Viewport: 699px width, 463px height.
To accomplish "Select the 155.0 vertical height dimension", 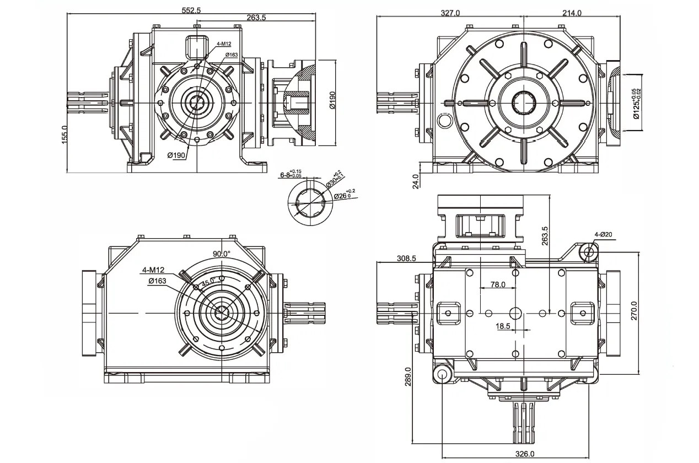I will [64, 134].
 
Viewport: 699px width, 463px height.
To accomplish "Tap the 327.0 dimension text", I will [450, 13].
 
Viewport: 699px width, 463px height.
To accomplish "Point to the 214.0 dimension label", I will [572, 13].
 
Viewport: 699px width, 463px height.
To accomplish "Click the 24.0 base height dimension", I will [416, 181].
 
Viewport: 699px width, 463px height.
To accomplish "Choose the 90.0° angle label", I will [222, 254].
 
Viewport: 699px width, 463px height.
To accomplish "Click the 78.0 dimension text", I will [498, 285].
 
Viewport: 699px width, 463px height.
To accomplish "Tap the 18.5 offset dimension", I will [503, 326].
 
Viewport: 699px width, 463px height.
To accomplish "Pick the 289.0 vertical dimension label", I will [408, 377].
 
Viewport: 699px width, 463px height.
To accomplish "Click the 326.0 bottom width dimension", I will [524, 454].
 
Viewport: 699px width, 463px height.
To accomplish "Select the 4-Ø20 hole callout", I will [604, 234].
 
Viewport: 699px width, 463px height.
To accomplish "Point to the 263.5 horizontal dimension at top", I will [256, 18].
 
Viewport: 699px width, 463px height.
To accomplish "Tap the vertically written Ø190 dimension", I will [332, 103].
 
